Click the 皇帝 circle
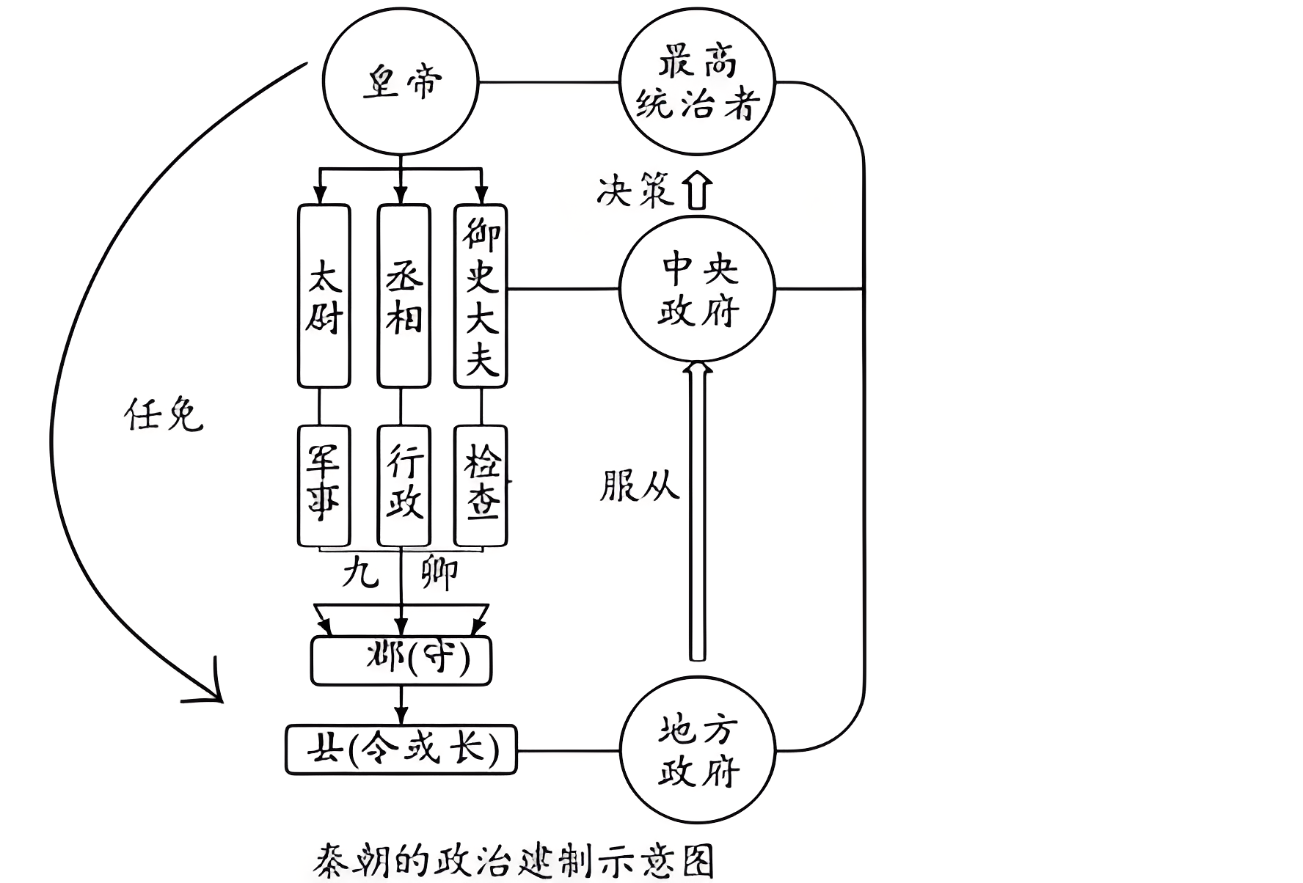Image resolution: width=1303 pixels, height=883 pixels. [x=401, y=82]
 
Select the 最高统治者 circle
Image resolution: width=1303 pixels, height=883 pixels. [x=697, y=82]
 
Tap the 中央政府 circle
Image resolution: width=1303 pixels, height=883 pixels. [x=697, y=290]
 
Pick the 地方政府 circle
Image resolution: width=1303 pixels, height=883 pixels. [x=697, y=750]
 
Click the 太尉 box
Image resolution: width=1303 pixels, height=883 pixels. [x=324, y=296]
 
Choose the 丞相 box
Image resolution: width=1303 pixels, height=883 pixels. [x=404, y=296]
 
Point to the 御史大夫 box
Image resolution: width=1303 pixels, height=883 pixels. [x=481, y=296]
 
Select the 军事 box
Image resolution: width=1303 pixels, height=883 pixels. [x=324, y=485]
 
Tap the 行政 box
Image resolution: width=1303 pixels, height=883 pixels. [x=404, y=485]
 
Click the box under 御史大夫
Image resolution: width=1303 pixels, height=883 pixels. [x=481, y=485]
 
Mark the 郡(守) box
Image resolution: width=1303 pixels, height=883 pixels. [x=401, y=661]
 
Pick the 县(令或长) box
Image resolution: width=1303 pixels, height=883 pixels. [x=401, y=750]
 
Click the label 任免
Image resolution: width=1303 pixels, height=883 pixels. [x=163, y=415]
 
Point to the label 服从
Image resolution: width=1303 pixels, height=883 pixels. [x=639, y=485]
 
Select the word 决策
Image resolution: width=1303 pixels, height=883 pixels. [x=635, y=191]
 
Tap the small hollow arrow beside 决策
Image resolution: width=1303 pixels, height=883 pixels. [x=697, y=191]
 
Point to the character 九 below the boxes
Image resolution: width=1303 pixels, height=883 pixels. [x=360, y=572]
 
